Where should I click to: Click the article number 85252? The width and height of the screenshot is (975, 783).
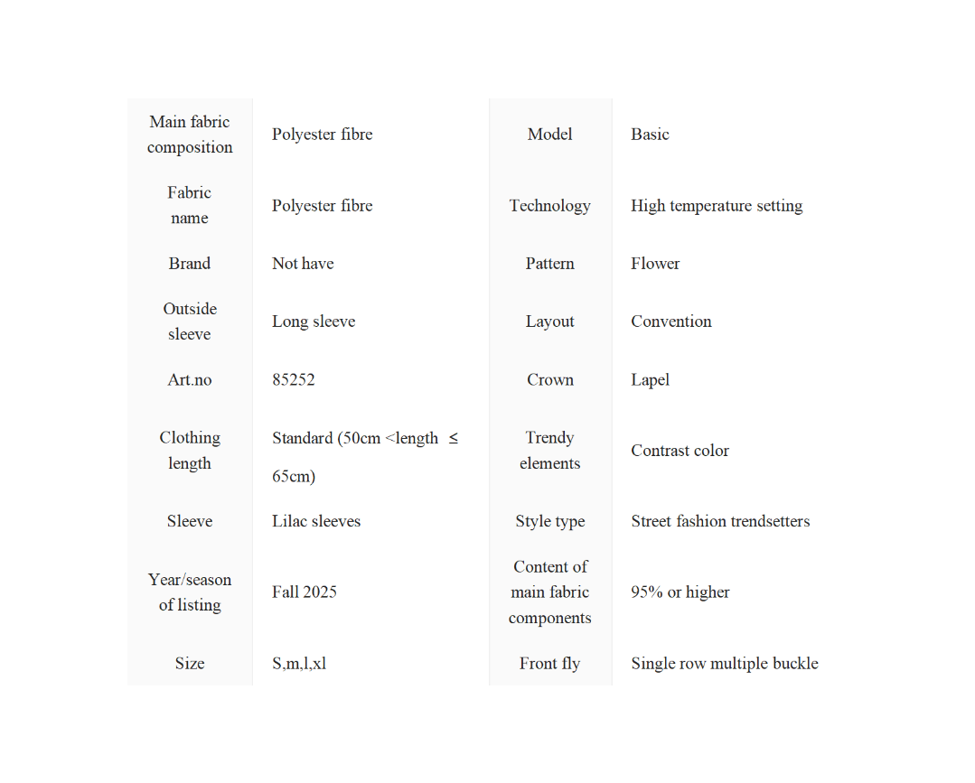tap(294, 379)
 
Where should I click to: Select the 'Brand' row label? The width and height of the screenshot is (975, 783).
tap(190, 264)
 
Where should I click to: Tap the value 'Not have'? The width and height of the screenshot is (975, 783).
tap(303, 264)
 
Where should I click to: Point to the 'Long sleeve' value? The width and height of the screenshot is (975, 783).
tap(314, 322)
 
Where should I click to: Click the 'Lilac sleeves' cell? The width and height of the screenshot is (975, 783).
tap(316, 521)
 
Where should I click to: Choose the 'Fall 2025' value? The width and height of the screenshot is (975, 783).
tap(305, 592)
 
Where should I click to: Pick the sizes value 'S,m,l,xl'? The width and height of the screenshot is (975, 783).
tap(299, 663)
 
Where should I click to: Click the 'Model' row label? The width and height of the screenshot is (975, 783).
tap(550, 135)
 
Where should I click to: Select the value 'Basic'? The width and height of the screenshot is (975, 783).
tap(650, 135)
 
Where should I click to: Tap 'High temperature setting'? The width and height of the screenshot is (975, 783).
tap(717, 206)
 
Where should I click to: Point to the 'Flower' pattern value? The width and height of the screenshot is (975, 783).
tap(655, 264)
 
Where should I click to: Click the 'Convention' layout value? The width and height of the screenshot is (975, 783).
tap(671, 322)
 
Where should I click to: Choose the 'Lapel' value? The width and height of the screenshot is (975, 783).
tap(651, 379)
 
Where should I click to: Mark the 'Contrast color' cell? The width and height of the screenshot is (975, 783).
tap(680, 451)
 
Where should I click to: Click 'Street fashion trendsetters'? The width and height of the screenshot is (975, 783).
tap(720, 521)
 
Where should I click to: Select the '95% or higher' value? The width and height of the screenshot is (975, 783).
tap(680, 592)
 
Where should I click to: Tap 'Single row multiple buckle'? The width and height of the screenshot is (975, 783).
tap(725, 663)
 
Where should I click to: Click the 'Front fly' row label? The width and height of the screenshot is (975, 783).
tap(550, 663)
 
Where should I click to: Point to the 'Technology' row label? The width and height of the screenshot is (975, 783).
tap(550, 206)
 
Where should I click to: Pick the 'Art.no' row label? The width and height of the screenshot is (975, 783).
tap(190, 379)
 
